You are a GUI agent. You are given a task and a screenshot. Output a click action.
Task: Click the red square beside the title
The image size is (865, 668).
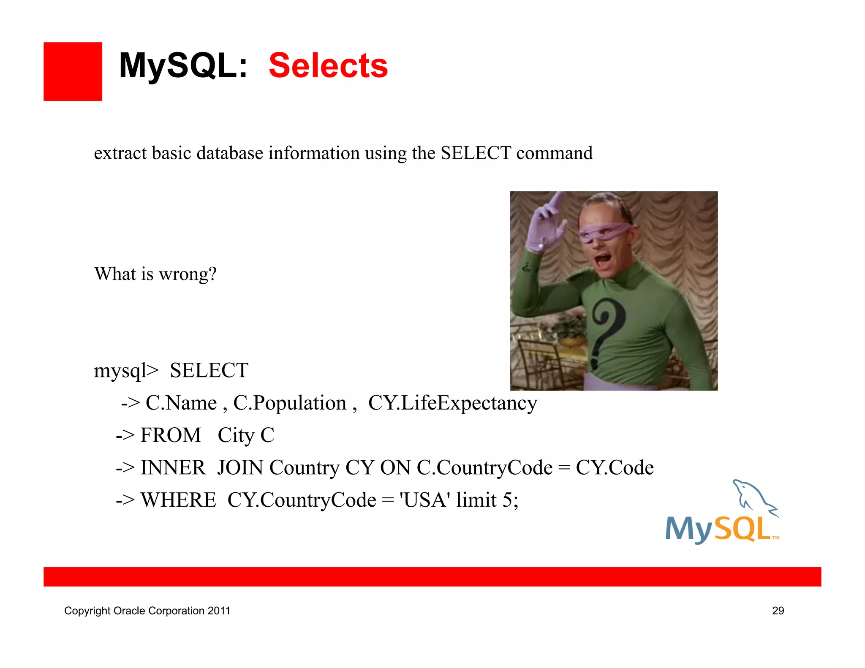click(73, 71)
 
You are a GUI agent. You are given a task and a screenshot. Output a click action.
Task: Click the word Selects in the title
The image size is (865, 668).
click(328, 66)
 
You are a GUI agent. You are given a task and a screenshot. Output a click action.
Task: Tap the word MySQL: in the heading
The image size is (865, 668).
click(183, 66)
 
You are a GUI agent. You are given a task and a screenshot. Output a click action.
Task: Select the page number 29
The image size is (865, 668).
click(778, 611)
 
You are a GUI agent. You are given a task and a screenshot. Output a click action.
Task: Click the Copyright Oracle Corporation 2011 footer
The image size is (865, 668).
click(147, 611)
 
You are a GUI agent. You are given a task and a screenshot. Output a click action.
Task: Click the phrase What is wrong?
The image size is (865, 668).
click(155, 274)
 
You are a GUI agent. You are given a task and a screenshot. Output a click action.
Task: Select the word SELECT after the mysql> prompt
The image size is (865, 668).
click(209, 370)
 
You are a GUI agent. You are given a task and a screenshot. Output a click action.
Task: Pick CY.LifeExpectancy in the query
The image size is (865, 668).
click(452, 403)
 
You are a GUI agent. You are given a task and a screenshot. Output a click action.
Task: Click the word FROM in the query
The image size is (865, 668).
click(171, 435)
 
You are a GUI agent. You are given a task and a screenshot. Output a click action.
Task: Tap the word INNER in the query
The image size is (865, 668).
click(173, 468)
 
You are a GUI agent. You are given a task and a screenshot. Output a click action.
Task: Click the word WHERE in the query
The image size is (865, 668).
click(178, 500)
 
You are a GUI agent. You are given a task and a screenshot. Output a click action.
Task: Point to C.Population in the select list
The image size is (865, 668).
click(290, 403)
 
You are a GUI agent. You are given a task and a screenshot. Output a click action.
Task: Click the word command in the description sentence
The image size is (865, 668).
click(554, 153)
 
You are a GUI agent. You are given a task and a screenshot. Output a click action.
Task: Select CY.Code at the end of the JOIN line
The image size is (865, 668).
click(615, 468)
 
